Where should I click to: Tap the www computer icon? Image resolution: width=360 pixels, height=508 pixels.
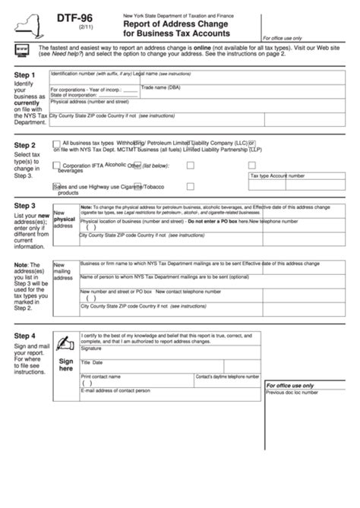coord(23,51)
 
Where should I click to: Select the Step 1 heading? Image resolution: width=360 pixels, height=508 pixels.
coord(25,75)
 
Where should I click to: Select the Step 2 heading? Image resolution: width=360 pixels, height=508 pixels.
coord(25,145)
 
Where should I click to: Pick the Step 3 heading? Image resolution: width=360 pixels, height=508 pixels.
coord(25,206)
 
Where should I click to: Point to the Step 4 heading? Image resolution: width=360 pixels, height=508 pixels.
coord(25,336)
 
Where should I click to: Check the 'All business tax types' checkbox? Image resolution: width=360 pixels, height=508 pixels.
coord(57,143)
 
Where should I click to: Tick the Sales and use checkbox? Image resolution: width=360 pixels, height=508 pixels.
coord(57,185)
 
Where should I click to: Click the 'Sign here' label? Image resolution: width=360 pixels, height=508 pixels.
coord(66,364)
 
